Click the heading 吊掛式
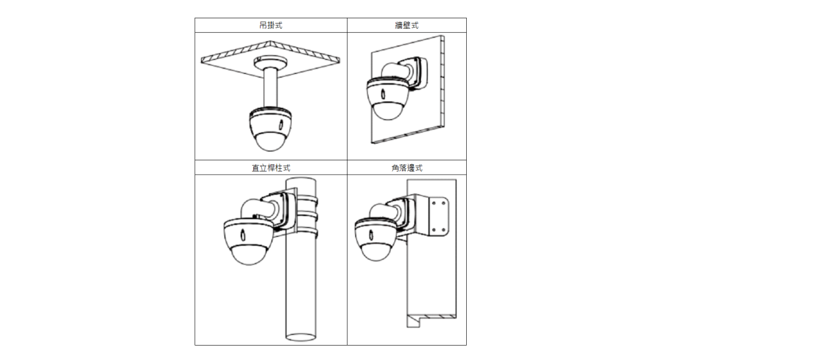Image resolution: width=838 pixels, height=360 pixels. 271,26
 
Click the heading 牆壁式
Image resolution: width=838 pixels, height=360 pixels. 407,26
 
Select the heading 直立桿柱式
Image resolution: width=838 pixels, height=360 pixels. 271,168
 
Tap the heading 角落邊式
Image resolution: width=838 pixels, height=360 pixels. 407,168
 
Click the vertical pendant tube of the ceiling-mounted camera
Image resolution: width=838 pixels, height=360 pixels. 270,88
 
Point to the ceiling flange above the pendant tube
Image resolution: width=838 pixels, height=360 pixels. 270,62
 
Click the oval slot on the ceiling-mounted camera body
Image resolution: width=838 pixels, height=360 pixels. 281,124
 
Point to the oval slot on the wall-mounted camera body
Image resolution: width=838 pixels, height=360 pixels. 382,94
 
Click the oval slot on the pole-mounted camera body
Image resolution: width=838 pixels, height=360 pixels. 242,234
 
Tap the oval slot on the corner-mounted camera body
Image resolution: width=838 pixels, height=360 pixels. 371,234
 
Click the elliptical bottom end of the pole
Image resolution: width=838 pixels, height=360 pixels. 301,337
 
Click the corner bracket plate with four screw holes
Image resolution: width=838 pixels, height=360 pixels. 439,216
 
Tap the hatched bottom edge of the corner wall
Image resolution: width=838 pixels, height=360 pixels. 437,317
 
